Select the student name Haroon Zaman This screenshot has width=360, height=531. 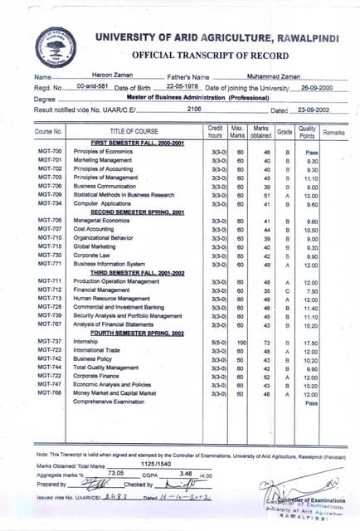pyautogui.click(x=98, y=76)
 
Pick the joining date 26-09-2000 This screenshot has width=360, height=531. pyautogui.click(x=317, y=86)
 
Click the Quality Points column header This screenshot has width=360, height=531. pyautogui.click(x=307, y=130)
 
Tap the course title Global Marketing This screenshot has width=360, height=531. pyautogui.click(x=96, y=246)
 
